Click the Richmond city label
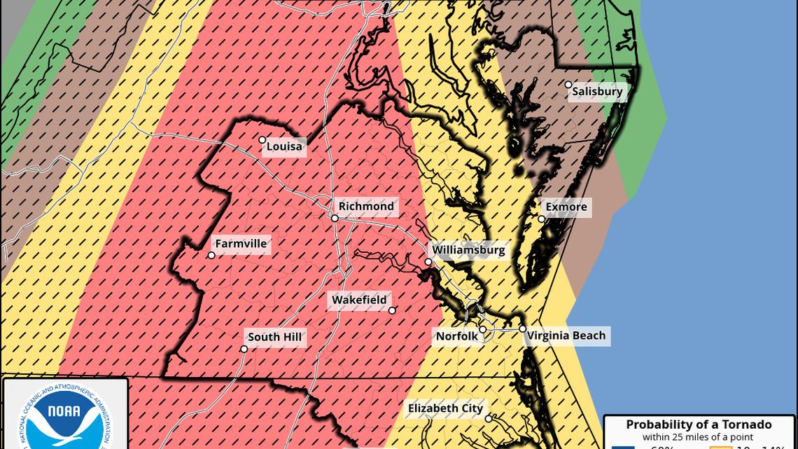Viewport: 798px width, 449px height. click(x=366, y=206)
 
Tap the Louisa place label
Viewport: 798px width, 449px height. click(x=284, y=146)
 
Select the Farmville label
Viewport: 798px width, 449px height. click(x=241, y=244)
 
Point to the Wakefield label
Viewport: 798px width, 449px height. click(x=358, y=300)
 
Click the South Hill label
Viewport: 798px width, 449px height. click(x=274, y=337)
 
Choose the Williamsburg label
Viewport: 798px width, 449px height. click(x=468, y=250)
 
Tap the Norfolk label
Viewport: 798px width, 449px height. click(x=456, y=336)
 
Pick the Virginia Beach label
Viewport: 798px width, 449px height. click(x=566, y=336)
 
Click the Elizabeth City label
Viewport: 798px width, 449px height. click(x=445, y=408)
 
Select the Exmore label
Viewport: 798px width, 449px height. click(x=566, y=207)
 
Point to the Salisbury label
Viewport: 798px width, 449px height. click(x=597, y=92)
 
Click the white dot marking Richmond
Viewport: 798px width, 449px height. click(x=335, y=219)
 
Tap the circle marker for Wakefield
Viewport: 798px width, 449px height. click(x=392, y=310)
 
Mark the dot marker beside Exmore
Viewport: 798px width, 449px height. click(x=542, y=219)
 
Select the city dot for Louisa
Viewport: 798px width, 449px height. click(x=262, y=140)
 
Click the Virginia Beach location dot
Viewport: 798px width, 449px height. click(x=522, y=329)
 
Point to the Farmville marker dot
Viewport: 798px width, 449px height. click(x=211, y=256)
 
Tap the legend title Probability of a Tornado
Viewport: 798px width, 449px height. click(x=698, y=424)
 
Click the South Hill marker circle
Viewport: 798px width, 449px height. click(x=244, y=349)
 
